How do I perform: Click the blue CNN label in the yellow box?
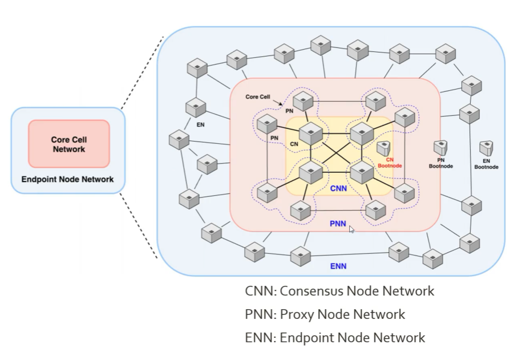[x=339, y=188]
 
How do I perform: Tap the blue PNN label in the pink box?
[x=338, y=224]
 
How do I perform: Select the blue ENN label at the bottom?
[x=338, y=266]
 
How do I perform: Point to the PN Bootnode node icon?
[x=440, y=148]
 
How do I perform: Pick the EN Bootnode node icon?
[x=486, y=148]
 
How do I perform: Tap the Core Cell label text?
[x=258, y=96]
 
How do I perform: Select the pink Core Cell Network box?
[x=69, y=144]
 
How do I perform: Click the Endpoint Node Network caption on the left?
[x=67, y=179]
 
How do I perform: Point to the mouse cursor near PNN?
[x=352, y=229]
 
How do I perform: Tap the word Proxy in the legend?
[x=296, y=314]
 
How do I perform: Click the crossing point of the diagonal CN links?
[x=337, y=152]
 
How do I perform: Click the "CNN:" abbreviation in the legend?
[x=260, y=292]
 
